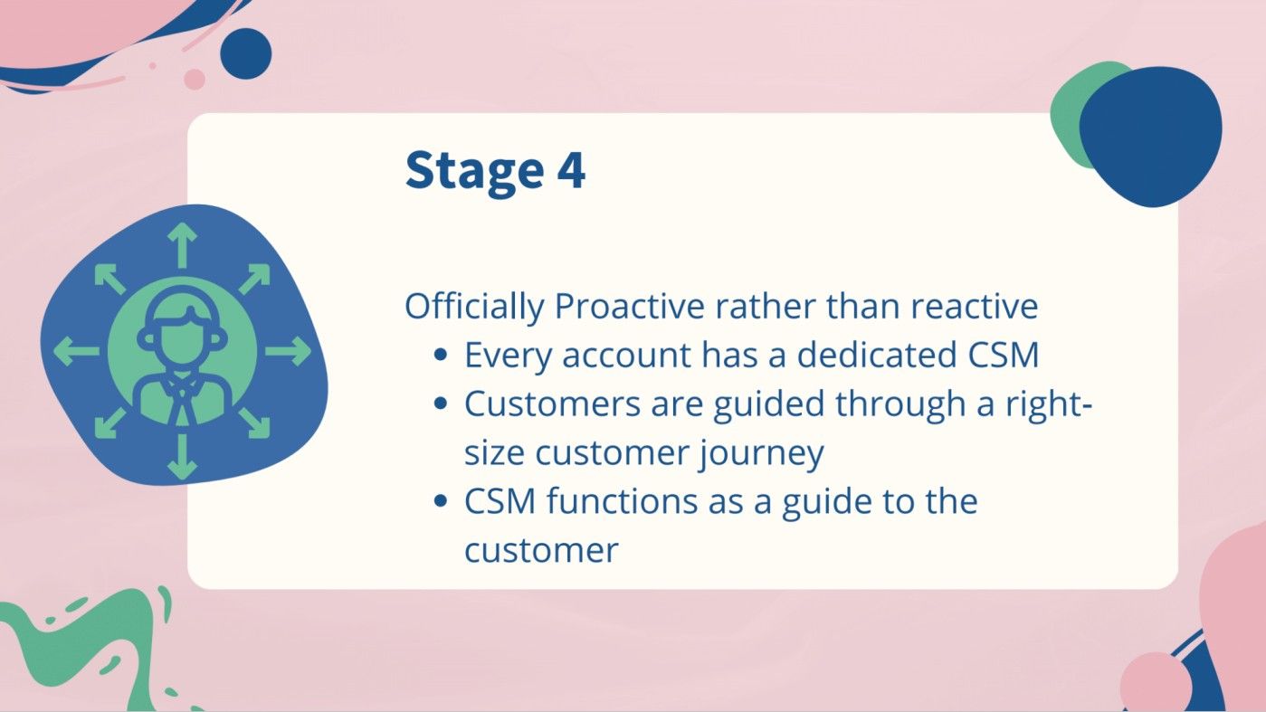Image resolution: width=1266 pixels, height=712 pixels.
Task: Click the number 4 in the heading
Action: point(571,170)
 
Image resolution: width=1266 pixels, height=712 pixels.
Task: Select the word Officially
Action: point(474,307)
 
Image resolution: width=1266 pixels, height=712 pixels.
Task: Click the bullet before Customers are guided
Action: point(441,405)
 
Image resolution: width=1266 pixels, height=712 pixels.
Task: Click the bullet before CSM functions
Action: point(441,501)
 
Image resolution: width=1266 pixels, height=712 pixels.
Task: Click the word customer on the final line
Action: point(541,549)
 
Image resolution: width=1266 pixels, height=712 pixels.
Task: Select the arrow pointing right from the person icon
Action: point(289,351)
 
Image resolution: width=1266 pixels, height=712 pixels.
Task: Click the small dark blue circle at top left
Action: point(245,53)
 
